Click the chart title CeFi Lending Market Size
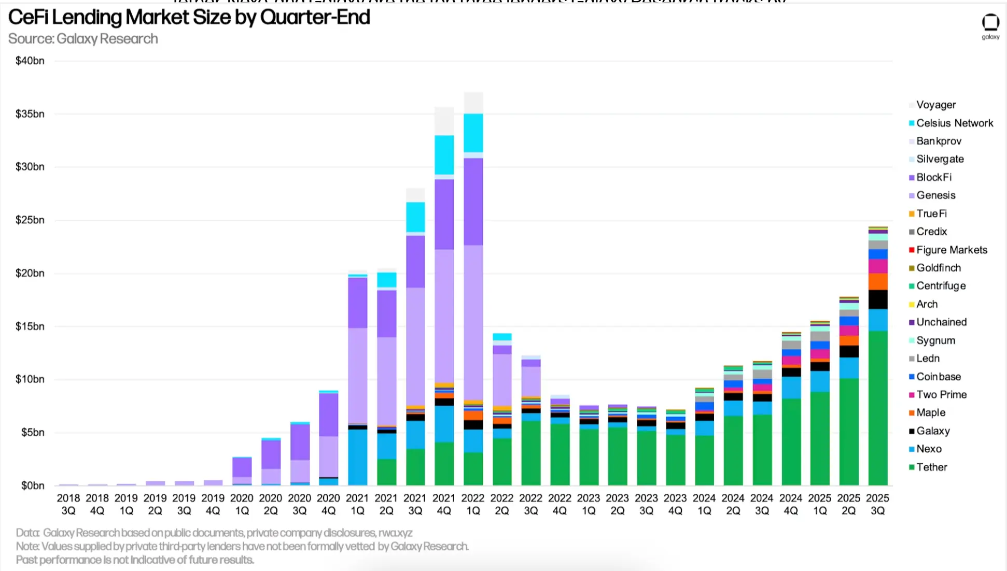tap(189, 18)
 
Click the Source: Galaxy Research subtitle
tap(83, 39)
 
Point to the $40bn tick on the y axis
tap(30, 61)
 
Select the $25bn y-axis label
tap(30, 220)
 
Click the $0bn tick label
tap(32, 486)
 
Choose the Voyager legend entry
tap(935, 105)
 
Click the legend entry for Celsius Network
tap(954, 123)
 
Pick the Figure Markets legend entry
tap(952, 250)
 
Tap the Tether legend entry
tap(931, 467)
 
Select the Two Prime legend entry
tap(941, 395)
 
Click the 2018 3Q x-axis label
tap(68, 504)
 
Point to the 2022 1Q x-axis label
tap(473, 504)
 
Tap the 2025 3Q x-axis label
tap(877, 504)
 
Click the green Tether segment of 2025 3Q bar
tap(877, 409)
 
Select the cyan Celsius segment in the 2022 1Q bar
tap(473, 133)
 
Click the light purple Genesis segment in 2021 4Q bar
tap(444, 316)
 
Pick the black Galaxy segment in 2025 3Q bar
tap(877, 299)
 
